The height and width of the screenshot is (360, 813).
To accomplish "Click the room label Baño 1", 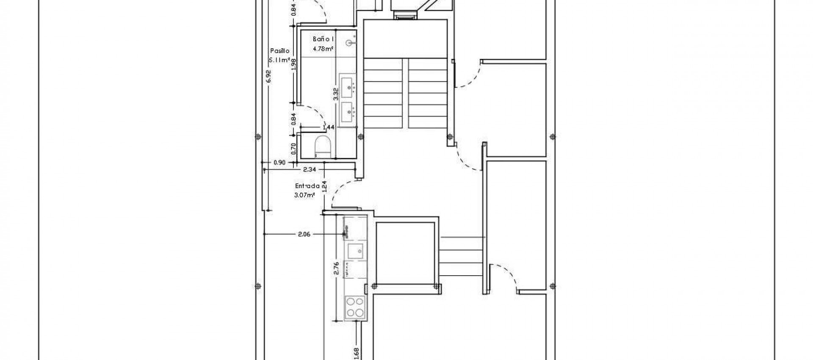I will coord(323,39).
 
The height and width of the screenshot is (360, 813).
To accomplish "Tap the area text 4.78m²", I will coord(323,48).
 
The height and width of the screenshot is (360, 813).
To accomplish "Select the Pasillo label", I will coord(279,50).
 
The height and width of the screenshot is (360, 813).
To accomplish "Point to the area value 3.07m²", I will coord(304,195).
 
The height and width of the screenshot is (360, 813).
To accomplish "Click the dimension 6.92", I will coord(268,77).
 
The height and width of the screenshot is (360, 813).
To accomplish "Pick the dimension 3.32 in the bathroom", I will coord(336,93).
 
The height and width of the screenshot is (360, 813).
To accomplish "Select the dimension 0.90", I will coord(279,162).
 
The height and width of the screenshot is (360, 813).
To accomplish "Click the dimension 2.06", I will coord(304,234).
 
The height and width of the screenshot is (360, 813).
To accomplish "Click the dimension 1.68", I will coord(356,352).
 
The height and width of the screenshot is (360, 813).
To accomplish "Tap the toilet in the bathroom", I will coord(323,147).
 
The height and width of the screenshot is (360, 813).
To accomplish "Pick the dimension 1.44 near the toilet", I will coord(329,127).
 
